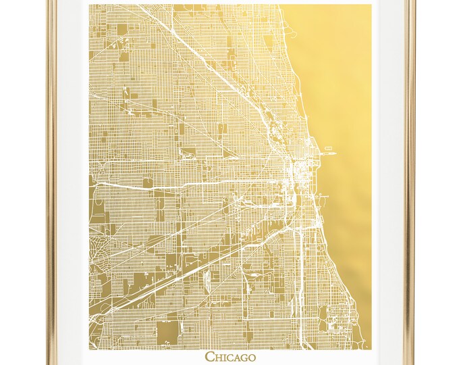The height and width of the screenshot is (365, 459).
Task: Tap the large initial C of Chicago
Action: pyautogui.click(x=209, y=356)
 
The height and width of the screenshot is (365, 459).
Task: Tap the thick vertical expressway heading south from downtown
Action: pyautogui.click(x=298, y=270)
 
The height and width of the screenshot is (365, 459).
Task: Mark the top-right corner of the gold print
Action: pyautogui.click(x=371, y=5)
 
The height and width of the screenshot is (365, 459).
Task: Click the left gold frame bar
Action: pyautogui.click(x=50, y=182)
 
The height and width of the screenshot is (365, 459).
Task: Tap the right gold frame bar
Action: pyautogui.click(x=409, y=182)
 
